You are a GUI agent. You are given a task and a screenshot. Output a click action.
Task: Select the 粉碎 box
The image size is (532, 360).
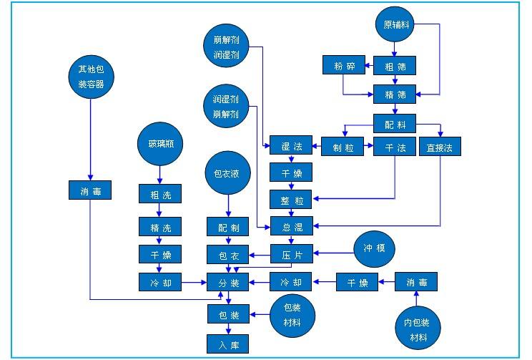point(344,66)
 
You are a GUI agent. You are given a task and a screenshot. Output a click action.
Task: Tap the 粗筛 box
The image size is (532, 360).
point(395,66)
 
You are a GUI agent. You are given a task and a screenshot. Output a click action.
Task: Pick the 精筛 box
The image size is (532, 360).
point(395,94)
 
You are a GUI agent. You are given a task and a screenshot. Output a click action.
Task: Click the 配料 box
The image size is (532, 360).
point(395,124)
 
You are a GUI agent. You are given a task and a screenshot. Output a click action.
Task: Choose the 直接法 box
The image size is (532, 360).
point(440,147)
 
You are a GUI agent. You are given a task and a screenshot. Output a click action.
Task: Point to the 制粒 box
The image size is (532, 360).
point(343,147)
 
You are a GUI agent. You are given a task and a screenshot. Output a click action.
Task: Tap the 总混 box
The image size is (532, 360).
point(292,228)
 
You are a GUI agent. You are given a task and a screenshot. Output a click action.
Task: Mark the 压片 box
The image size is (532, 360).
point(292,253)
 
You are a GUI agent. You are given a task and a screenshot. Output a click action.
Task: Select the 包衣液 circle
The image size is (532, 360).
point(227,173)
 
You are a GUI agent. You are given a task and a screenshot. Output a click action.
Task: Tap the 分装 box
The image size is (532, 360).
point(229,282)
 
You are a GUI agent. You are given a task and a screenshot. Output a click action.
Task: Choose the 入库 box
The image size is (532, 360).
point(229,344)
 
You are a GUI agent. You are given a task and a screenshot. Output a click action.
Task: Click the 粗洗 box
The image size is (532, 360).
point(160,193)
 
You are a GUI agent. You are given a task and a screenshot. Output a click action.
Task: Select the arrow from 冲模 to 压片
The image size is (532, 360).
point(333,253)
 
